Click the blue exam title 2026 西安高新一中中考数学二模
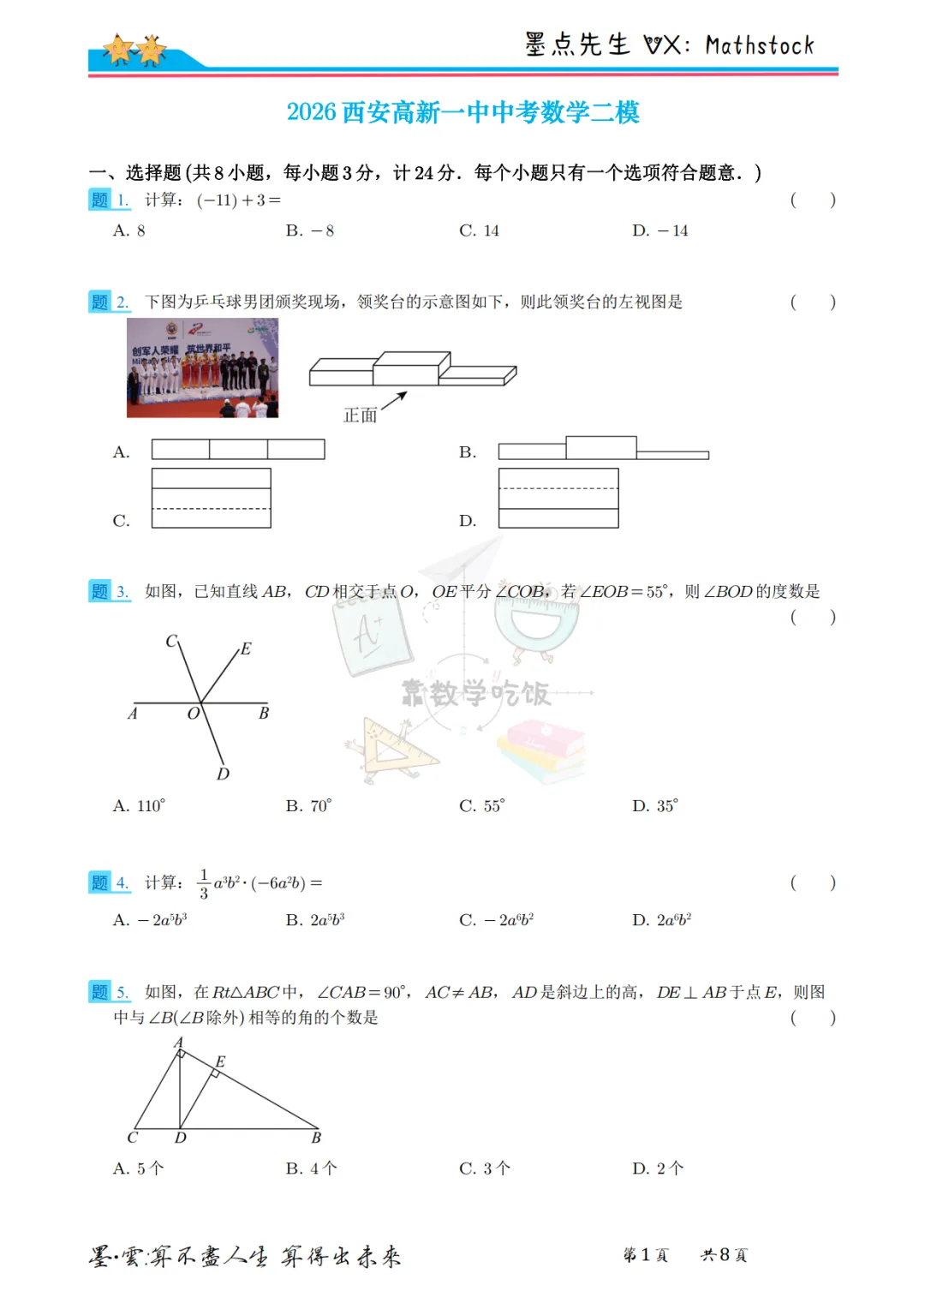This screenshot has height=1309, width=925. [462, 112]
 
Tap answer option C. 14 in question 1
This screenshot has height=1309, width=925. [479, 230]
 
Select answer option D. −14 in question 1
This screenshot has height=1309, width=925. [659, 230]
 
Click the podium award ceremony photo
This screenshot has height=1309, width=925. [202, 368]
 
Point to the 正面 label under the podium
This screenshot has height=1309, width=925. [360, 415]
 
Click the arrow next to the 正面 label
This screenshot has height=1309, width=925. [394, 400]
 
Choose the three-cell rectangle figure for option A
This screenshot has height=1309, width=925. [238, 449]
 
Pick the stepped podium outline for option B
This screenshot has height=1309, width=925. [603, 448]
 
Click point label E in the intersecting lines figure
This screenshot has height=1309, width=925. [246, 649]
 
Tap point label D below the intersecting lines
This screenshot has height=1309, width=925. [223, 774]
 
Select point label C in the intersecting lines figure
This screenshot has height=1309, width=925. [171, 641]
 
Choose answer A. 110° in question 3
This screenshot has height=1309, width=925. [139, 806]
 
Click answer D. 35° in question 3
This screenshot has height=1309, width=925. [655, 806]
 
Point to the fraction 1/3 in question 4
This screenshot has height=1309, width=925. [204, 883]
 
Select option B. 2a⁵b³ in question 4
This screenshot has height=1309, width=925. [315, 920]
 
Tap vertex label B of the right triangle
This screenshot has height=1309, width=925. [316, 1138]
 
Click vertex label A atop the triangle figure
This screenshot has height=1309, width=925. [178, 1043]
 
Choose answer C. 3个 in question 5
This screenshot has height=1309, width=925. [485, 1169]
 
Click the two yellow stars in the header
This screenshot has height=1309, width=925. [134, 50]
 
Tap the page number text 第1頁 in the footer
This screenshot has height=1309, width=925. [645, 1255]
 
